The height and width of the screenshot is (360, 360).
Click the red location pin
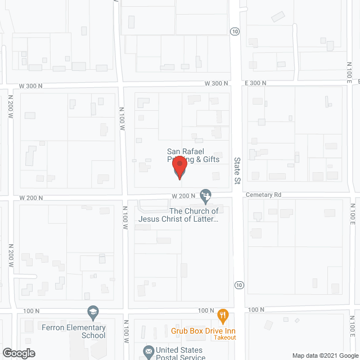pos(179,167)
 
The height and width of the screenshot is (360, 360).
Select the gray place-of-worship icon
pos(206,195)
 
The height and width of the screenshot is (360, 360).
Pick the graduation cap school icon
pos(92,312)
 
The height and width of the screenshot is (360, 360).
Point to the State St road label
pos(237,170)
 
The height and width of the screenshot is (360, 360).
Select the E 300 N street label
pos(256,83)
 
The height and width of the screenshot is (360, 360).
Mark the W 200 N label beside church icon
pos(184,195)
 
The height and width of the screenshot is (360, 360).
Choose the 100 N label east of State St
pos(256,310)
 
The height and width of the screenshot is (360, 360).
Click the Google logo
pos(18,353)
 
